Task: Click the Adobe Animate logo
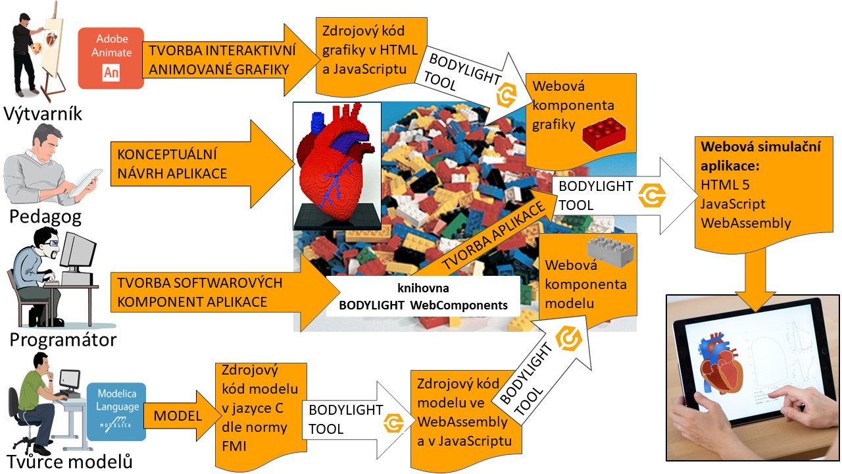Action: coord(111,58)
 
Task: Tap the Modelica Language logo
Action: coord(116,412)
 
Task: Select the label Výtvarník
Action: coord(43,113)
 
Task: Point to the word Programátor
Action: coord(63,340)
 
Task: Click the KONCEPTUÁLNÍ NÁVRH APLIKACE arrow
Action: coord(197,165)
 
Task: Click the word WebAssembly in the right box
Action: coord(746,223)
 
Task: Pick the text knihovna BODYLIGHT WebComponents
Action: coord(423,297)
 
